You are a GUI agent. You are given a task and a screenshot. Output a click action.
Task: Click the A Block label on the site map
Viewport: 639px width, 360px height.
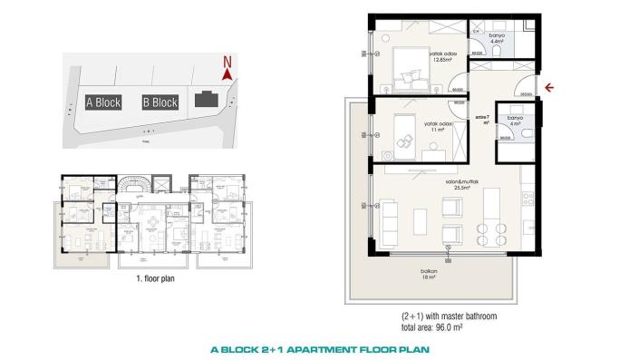pos(103,102)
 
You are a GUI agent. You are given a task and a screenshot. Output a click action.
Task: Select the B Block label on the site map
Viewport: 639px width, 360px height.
pos(160,102)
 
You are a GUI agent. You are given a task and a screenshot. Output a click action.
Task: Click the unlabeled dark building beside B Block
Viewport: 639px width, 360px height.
pos(207,100)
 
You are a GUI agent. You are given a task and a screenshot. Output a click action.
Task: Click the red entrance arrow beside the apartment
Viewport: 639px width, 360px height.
pos(547,88)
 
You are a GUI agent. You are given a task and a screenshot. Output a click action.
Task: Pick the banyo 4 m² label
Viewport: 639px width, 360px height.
pos(515,121)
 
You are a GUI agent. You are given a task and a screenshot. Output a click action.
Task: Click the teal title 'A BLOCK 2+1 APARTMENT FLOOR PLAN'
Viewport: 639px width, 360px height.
pos(319,348)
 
